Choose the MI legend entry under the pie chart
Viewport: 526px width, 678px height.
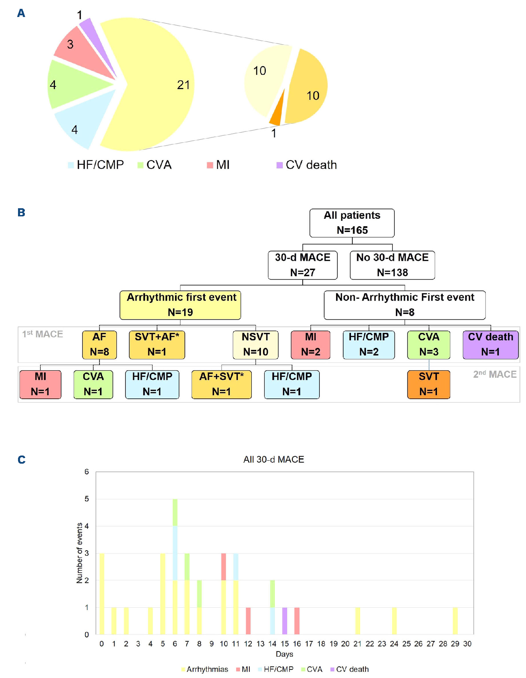coord(218,165)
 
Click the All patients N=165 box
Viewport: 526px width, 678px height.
coord(352,223)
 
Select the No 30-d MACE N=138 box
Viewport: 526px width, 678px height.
coord(392,265)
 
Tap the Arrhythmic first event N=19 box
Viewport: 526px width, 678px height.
coord(180,305)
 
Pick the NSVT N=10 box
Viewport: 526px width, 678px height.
coord(255,344)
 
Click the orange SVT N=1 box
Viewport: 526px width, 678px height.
coord(428,384)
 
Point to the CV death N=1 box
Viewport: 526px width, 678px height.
coord(490,344)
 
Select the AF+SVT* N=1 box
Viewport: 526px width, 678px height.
coord(221,384)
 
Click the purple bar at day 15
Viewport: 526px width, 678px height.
coord(285,621)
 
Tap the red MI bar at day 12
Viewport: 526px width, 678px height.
coord(248,621)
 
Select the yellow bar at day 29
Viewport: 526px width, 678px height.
coord(455,621)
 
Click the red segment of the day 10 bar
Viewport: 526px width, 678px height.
coord(224,567)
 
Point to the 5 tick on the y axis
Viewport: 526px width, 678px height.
coord(87,499)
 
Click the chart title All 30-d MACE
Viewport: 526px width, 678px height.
coord(274,459)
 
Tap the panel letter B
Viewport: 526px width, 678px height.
coord(21,213)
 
